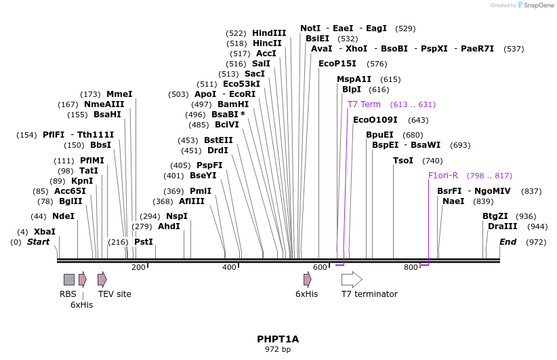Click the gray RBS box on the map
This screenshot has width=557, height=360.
click(69, 279)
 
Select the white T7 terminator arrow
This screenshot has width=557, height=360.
click(352, 279)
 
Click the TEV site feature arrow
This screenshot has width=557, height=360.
click(102, 279)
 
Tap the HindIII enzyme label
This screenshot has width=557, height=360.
click(269, 33)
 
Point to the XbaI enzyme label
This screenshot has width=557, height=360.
click(45, 232)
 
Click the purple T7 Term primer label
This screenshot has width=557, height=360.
click(364, 104)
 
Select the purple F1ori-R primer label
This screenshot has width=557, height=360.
click(443, 176)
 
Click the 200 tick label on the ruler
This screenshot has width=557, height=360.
click(138, 268)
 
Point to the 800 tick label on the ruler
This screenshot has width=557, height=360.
click(411, 268)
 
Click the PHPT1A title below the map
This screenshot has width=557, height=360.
click(278, 338)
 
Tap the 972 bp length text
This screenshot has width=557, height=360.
click(278, 349)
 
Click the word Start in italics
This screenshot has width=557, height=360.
click(38, 242)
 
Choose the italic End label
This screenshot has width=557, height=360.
click(508, 242)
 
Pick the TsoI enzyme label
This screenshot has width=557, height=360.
click(403, 161)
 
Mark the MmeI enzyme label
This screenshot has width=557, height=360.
click(119, 94)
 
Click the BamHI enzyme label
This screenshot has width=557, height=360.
click(233, 104)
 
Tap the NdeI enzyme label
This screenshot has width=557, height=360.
click(63, 216)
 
